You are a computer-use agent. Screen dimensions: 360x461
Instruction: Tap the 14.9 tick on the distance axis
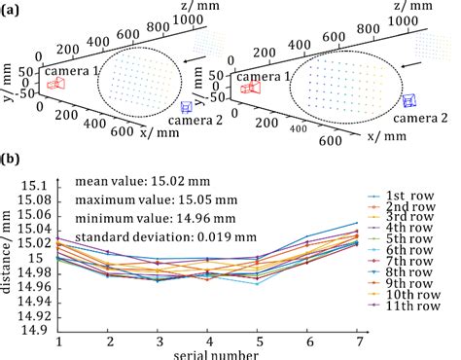[x=36, y=330]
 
